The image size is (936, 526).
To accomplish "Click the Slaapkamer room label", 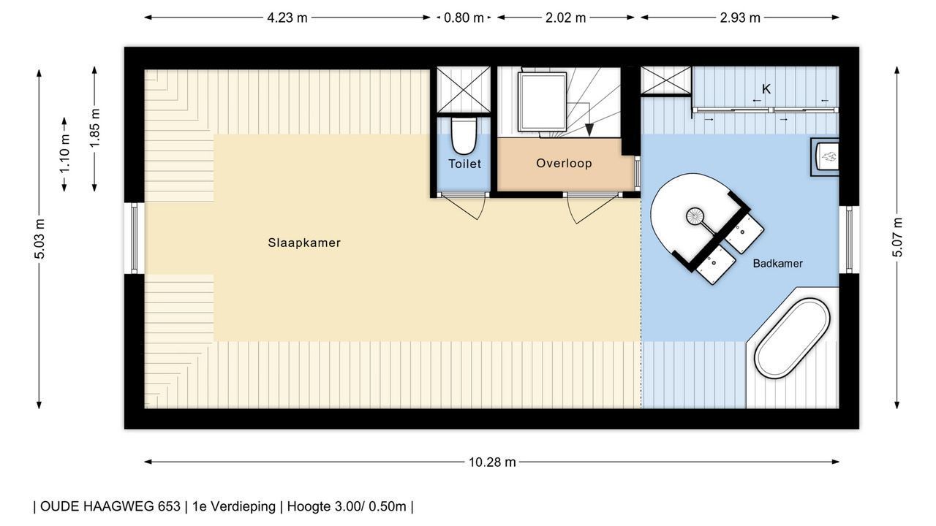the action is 304,243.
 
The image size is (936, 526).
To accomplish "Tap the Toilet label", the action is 464,164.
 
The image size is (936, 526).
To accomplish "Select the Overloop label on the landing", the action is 564,163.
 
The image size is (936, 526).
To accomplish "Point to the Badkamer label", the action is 777,264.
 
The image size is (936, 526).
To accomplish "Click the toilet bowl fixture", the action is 464,136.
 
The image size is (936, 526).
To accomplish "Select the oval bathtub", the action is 792,338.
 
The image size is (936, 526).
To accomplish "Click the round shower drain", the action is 695,216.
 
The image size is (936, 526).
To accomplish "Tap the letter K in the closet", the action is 766,89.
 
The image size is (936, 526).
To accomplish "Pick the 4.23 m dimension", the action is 287,18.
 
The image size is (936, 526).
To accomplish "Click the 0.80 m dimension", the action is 464,18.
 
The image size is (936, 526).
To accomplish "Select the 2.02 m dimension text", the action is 565,18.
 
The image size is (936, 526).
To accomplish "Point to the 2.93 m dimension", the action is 739,18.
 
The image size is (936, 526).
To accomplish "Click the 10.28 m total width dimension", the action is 492,462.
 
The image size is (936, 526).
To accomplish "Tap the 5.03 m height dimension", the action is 39,239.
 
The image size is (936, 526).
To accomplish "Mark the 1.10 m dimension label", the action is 64,154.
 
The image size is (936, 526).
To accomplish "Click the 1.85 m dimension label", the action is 95,128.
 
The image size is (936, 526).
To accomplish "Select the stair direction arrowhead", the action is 589,130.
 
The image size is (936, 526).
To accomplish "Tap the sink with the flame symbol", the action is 825,157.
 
